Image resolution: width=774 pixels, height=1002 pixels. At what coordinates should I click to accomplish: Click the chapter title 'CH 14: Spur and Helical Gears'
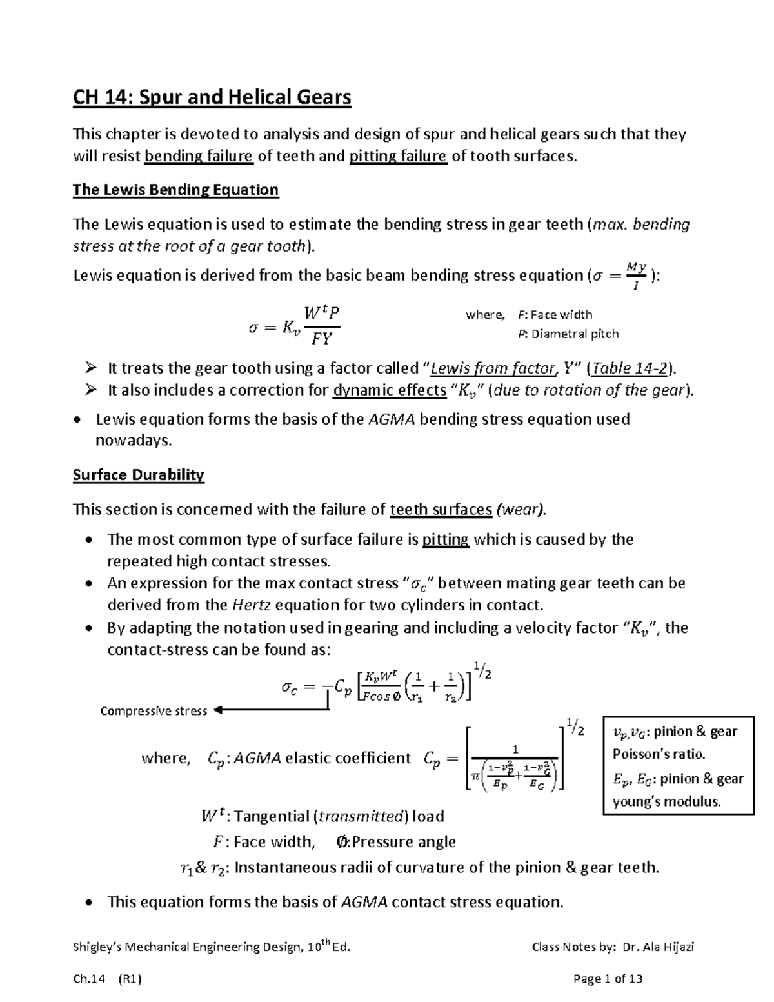[212, 97]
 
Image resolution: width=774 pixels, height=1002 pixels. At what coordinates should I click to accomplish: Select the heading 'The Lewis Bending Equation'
[175, 190]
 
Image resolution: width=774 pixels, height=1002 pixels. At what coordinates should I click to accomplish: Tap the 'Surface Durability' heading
[138, 476]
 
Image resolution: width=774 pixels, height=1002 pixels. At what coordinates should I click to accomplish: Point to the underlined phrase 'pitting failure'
[398, 156]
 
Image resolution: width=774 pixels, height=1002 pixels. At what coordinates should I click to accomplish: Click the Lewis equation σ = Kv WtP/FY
[294, 325]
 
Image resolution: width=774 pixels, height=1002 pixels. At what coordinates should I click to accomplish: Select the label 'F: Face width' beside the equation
[555, 315]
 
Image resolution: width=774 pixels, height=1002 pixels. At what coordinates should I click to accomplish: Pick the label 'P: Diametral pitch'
[568, 334]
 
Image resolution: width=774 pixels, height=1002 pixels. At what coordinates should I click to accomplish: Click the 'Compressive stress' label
[154, 711]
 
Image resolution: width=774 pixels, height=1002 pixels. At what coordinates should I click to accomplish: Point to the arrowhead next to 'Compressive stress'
[217, 710]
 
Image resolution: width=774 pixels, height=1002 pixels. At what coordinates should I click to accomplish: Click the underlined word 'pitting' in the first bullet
[445, 539]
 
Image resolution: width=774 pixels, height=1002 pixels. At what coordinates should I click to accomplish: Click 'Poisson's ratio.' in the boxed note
[659, 754]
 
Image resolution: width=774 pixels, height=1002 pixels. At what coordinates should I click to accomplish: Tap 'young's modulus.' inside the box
[666, 802]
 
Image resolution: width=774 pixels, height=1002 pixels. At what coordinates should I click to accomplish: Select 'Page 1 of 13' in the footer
[608, 979]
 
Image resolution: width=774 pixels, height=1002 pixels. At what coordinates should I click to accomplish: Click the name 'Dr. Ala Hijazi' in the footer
[659, 947]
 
